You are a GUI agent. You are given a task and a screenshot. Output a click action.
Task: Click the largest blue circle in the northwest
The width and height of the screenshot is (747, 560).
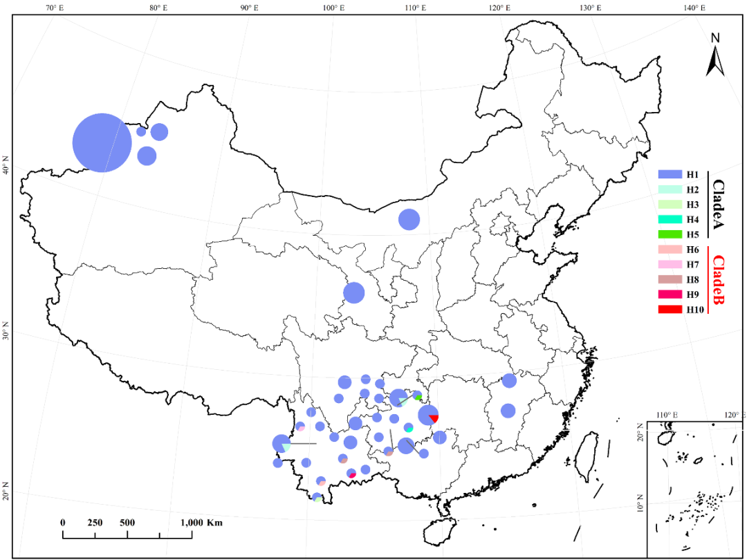pyautogui.click(x=102, y=142)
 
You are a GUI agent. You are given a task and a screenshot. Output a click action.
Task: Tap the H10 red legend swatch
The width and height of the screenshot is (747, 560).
pyautogui.click(x=670, y=310)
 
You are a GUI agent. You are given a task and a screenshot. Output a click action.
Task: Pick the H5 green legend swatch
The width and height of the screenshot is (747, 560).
pyautogui.click(x=670, y=234)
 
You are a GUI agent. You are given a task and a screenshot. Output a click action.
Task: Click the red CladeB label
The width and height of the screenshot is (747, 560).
pyautogui.click(x=719, y=284)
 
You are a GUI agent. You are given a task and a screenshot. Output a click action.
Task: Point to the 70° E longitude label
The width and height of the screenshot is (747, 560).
pyautogui.click(x=55, y=8)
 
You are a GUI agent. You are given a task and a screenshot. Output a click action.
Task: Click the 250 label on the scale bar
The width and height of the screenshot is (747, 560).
pyautogui.click(x=95, y=523)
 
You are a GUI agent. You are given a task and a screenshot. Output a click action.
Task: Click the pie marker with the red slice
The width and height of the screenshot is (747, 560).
pyautogui.click(x=429, y=415)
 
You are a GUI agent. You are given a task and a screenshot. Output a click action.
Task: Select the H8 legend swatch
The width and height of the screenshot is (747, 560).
pyautogui.click(x=670, y=279)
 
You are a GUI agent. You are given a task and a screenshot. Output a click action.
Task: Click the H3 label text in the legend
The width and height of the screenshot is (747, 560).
pyautogui.click(x=694, y=205)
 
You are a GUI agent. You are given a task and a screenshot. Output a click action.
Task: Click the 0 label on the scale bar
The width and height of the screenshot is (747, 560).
pyautogui.click(x=63, y=523)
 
